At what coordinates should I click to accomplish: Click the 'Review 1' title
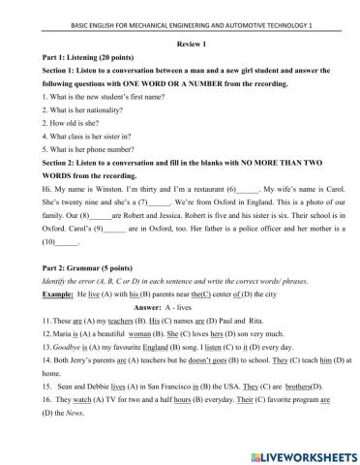click(x=179, y=44)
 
